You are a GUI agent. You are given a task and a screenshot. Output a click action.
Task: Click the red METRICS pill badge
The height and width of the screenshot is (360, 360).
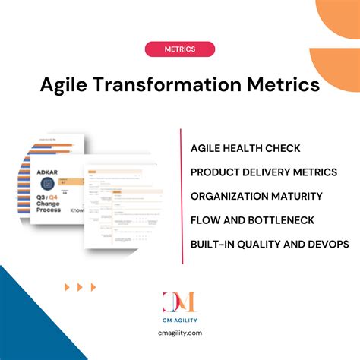point(179,49)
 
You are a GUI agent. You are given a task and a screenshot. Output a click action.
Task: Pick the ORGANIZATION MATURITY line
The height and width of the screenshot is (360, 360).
point(256,196)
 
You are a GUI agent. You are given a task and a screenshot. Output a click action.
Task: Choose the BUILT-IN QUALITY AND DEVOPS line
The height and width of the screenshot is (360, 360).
point(270,244)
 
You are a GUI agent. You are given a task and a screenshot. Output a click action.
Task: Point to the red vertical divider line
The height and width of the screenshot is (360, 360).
point(182,196)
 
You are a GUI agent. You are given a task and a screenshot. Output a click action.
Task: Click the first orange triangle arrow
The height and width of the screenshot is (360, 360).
point(68,287)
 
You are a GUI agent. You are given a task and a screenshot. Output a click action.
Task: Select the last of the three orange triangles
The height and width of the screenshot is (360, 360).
point(93,287)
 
